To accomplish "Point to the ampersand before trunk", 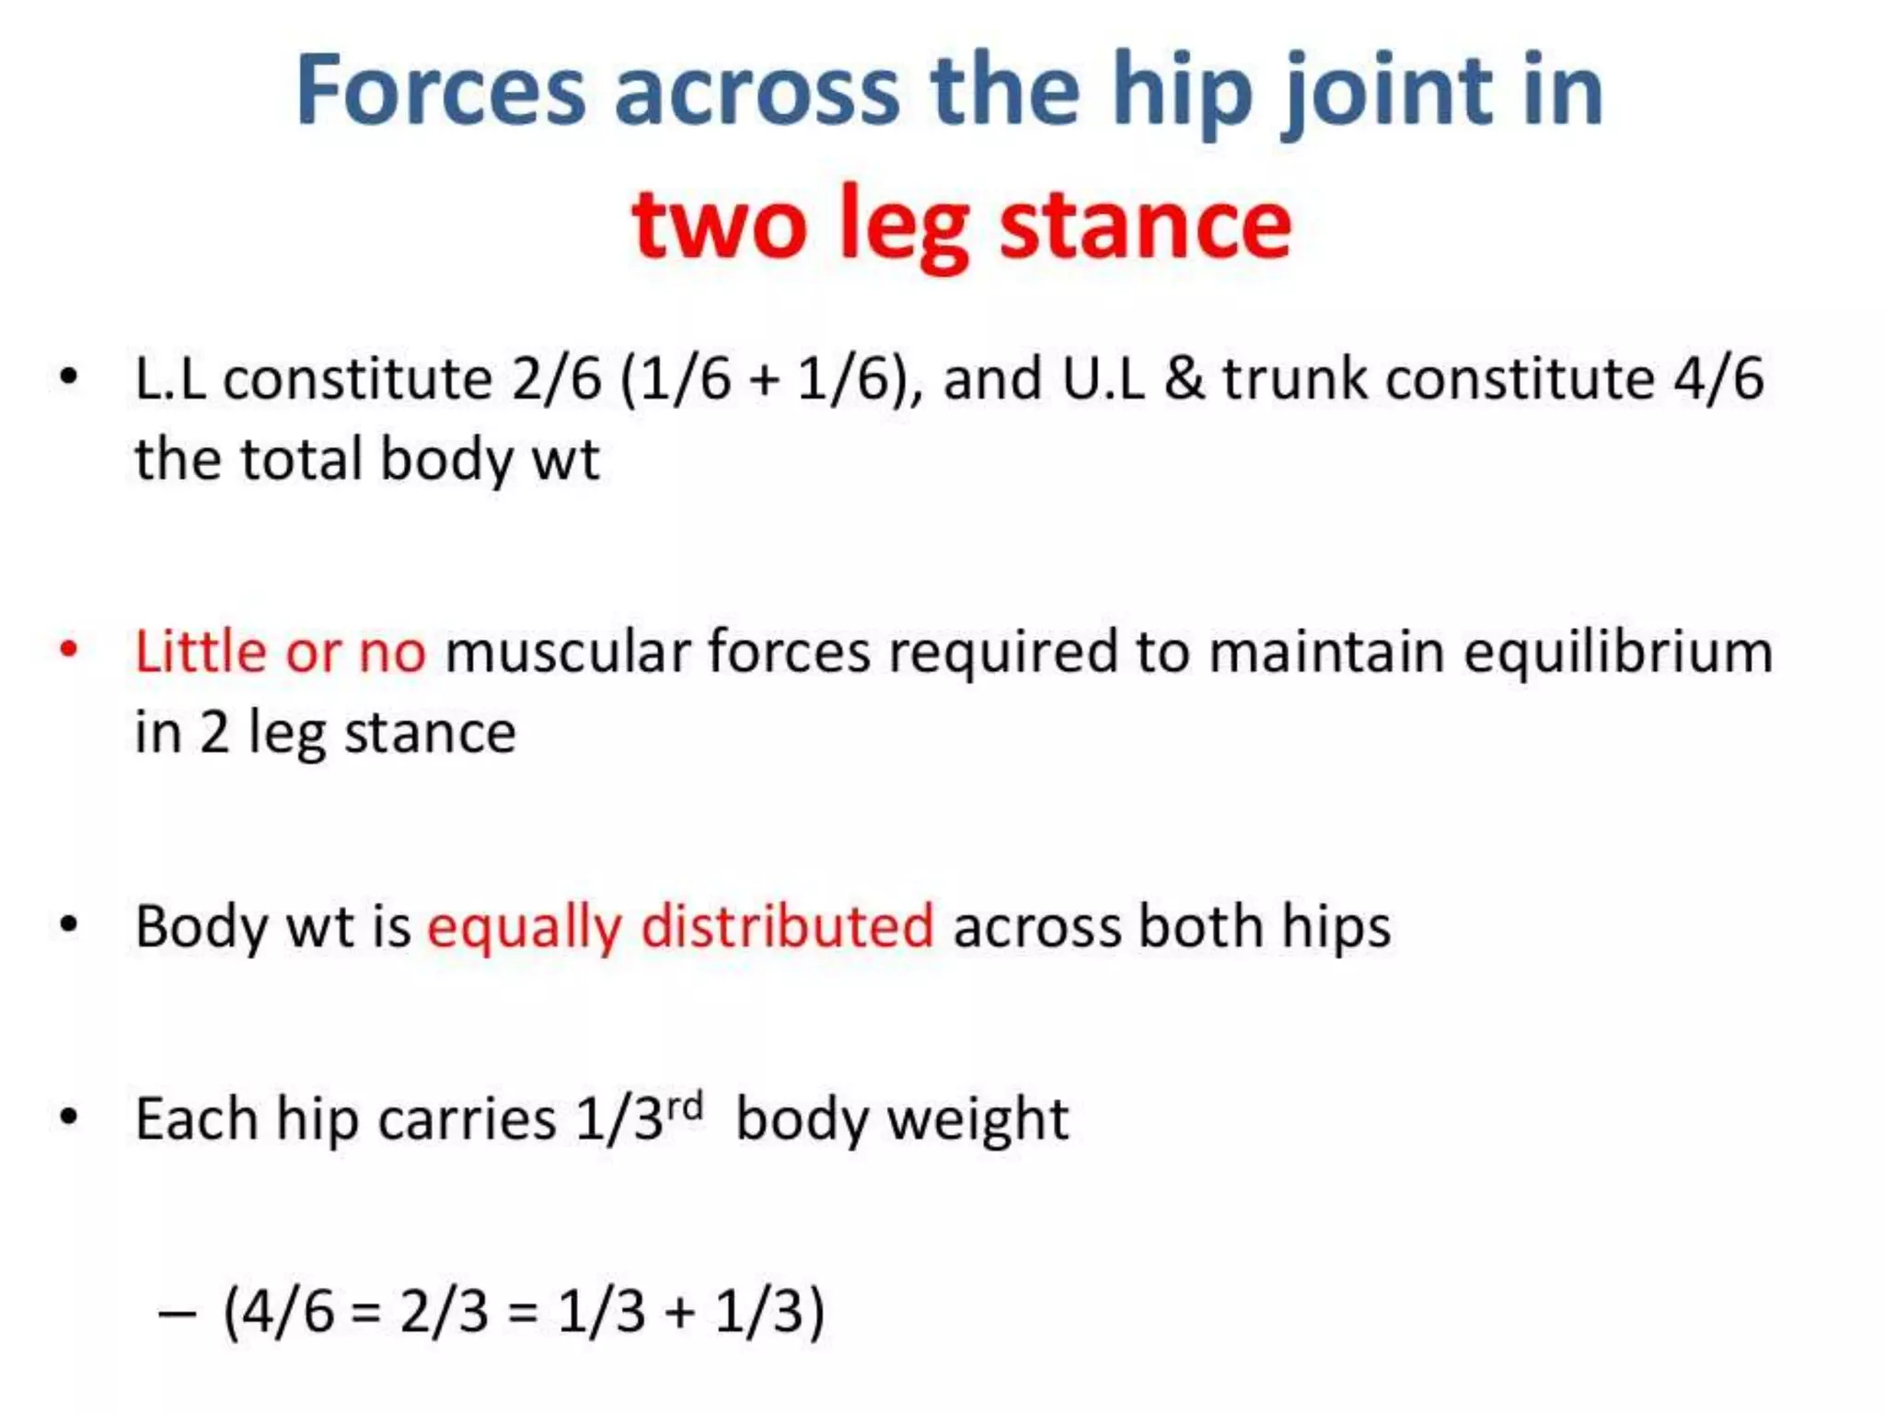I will coord(1184,378).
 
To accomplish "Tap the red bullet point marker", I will coord(68,650).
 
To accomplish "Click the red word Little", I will coord(201,651).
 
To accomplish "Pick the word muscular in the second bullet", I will coord(567,651).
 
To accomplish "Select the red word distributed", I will coord(788,925).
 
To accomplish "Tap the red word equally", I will coord(525,927).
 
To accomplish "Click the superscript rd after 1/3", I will coord(686,1105).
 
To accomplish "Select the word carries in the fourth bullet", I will coord(467,1118).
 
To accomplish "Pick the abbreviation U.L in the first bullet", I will coord(1103,378).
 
